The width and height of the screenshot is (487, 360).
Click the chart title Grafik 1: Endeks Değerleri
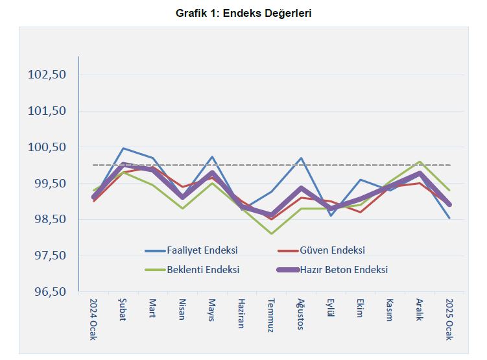[x=244, y=13]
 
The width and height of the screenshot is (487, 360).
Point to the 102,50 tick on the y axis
[x=49, y=75]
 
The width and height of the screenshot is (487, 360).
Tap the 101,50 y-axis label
[x=49, y=111]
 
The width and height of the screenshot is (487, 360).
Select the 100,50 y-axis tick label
[x=49, y=147]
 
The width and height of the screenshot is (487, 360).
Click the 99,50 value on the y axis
[x=49, y=184]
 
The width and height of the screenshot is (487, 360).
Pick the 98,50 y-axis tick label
[x=49, y=220]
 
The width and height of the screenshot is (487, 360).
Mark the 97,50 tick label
[x=49, y=256]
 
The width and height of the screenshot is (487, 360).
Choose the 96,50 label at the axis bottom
[x=49, y=292]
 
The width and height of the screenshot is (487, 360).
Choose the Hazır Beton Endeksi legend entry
[x=344, y=269]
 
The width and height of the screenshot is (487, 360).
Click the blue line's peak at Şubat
[x=123, y=149]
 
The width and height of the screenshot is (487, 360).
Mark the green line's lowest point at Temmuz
[x=271, y=234]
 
